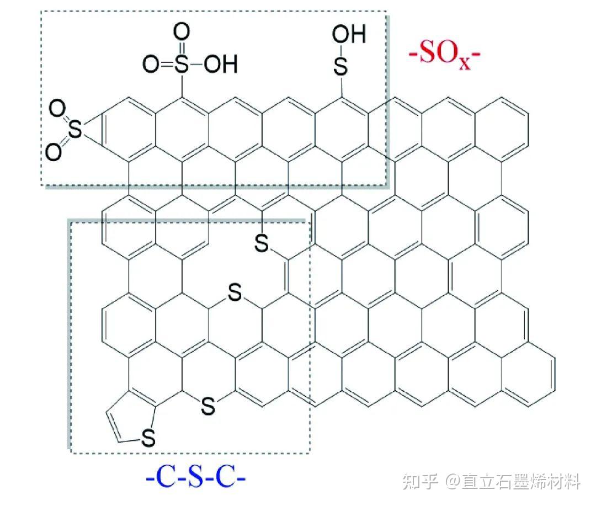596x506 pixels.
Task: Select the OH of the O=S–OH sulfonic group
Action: click(x=220, y=65)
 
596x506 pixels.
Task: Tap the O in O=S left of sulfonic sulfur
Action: click(x=150, y=65)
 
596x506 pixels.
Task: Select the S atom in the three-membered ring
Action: click(x=76, y=130)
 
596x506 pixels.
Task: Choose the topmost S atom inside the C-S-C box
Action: click(x=262, y=243)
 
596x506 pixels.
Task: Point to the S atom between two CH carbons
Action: click(x=235, y=294)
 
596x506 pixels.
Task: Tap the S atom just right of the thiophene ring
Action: click(x=207, y=406)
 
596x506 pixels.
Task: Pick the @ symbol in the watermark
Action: click(x=454, y=483)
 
